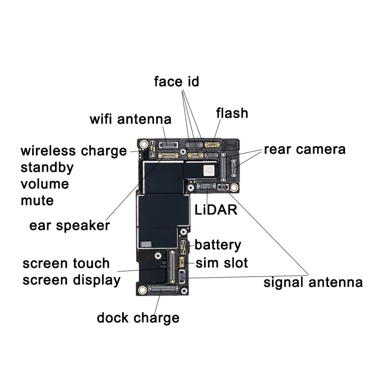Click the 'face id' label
(176, 81)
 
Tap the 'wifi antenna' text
(130, 119)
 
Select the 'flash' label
(232, 113)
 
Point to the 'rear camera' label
(305, 149)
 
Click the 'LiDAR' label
(216, 210)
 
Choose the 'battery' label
(218, 245)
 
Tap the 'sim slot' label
(222, 263)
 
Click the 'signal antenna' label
(313, 283)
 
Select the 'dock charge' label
(138, 318)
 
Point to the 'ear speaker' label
(70, 226)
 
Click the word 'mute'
(37, 201)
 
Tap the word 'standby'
(47, 168)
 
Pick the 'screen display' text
(71, 280)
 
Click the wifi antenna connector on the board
(169, 145)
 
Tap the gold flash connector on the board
(212, 145)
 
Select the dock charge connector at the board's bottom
(163, 288)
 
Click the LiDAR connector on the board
(206, 186)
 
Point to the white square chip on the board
(209, 170)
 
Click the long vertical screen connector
(172, 266)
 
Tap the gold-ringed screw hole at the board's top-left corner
(144, 144)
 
